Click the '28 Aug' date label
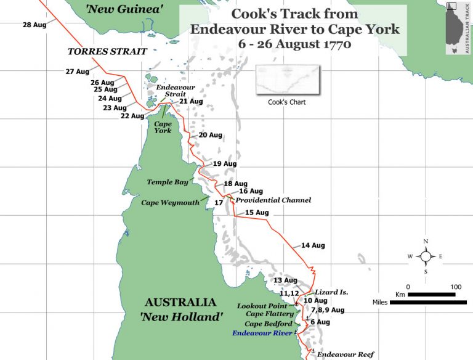tap(34, 25)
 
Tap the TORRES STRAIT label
tap(108, 52)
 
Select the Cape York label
tap(163, 126)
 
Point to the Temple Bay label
tap(167, 182)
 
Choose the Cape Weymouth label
tap(171, 202)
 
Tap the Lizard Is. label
tap(331, 291)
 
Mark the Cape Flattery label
tap(270, 314)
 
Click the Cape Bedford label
tap(269, 324)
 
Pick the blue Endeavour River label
tap(262, 333)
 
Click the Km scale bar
tap(431, 295)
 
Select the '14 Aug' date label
tap(313, 245)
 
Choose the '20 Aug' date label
tap(210, 135)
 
